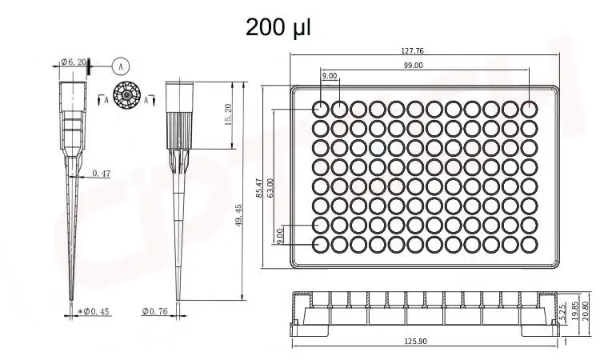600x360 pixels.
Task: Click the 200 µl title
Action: pyautogui.click(x=278, y=27)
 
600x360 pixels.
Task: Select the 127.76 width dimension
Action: pyautogui.click(x=413, y=50)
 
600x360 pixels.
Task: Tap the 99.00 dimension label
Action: pyautogui.click(x=414, y=66)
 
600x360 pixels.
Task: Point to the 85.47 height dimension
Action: pyautogui.click(x=258, y=188)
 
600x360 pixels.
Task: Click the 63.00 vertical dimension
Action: pyautogui.click(x=270, y=188)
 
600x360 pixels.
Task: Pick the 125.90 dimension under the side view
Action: pyautogui.click(x=415, y=342)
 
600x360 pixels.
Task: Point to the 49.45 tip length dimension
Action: pyautogui.click(x=238, y=215)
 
